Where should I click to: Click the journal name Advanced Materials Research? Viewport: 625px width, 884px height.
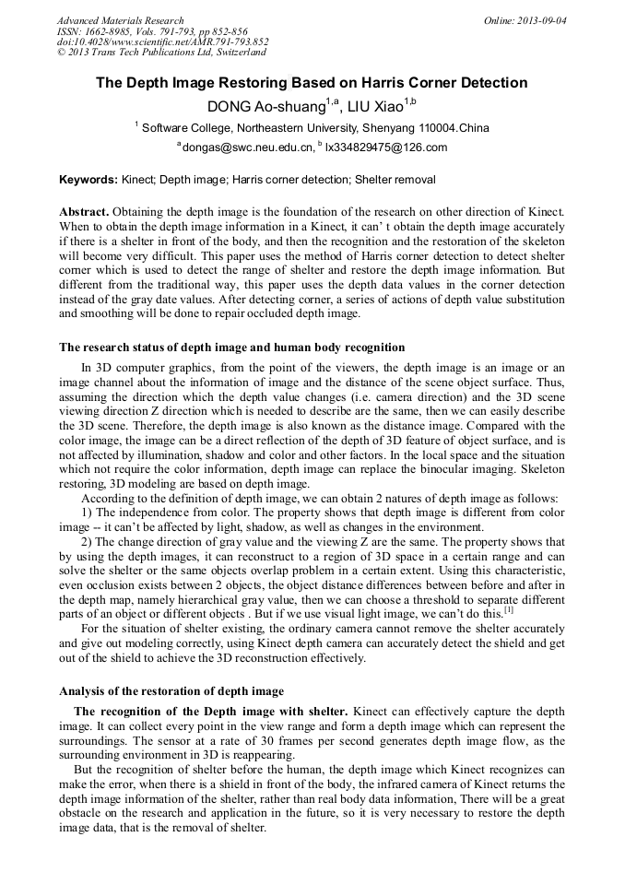[120, 20]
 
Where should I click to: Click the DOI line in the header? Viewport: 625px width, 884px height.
[162, 41]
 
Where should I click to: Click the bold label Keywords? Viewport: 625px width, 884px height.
[88, 180]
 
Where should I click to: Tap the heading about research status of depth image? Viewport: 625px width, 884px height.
[231, 348]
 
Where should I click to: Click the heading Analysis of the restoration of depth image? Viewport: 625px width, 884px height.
[171, 690]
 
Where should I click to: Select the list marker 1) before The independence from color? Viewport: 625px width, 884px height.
[87, 513]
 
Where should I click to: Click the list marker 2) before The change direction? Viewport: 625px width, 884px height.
[87, 541]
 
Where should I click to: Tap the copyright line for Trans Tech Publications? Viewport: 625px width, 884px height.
[161, 53]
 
